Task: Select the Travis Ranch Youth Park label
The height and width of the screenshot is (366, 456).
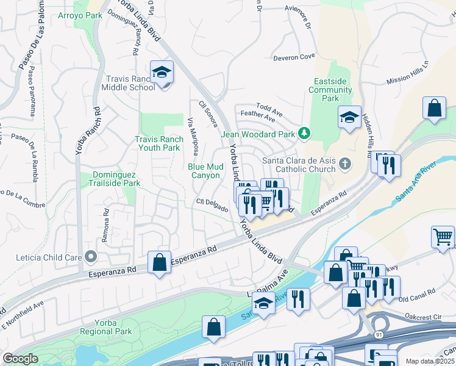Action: point(157,143)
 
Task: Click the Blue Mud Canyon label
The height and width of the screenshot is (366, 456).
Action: point(204,171)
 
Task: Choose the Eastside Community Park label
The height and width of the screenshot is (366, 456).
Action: point(334,90)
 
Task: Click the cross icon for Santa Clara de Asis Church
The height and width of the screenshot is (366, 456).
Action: point(345,163)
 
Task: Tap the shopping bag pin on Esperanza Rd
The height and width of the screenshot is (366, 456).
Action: point(159,264)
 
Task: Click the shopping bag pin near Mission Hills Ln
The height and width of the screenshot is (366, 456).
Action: point(434,109)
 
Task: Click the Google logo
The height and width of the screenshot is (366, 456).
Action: point(20,359)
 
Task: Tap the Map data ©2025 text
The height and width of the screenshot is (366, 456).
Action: point(430,361)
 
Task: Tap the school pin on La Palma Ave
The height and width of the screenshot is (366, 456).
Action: point(263,303)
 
